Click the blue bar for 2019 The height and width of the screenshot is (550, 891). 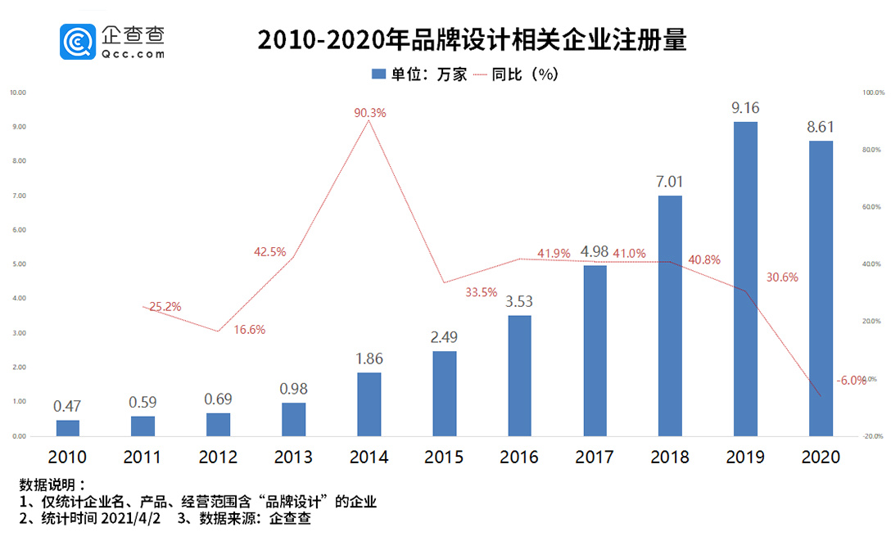745,278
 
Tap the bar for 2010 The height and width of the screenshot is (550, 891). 68,427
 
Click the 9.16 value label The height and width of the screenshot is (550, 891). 745,107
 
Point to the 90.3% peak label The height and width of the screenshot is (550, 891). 369,113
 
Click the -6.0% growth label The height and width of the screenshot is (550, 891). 852,381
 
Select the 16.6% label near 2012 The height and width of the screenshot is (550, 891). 250,330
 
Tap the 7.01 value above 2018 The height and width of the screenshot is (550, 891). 670,181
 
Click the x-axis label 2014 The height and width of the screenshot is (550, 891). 369,457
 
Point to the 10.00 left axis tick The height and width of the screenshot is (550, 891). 18,92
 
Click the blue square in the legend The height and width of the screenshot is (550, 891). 378,74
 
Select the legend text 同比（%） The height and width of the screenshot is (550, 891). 525,74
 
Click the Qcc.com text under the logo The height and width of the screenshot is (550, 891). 133,54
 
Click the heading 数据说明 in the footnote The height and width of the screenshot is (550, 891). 46,485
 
